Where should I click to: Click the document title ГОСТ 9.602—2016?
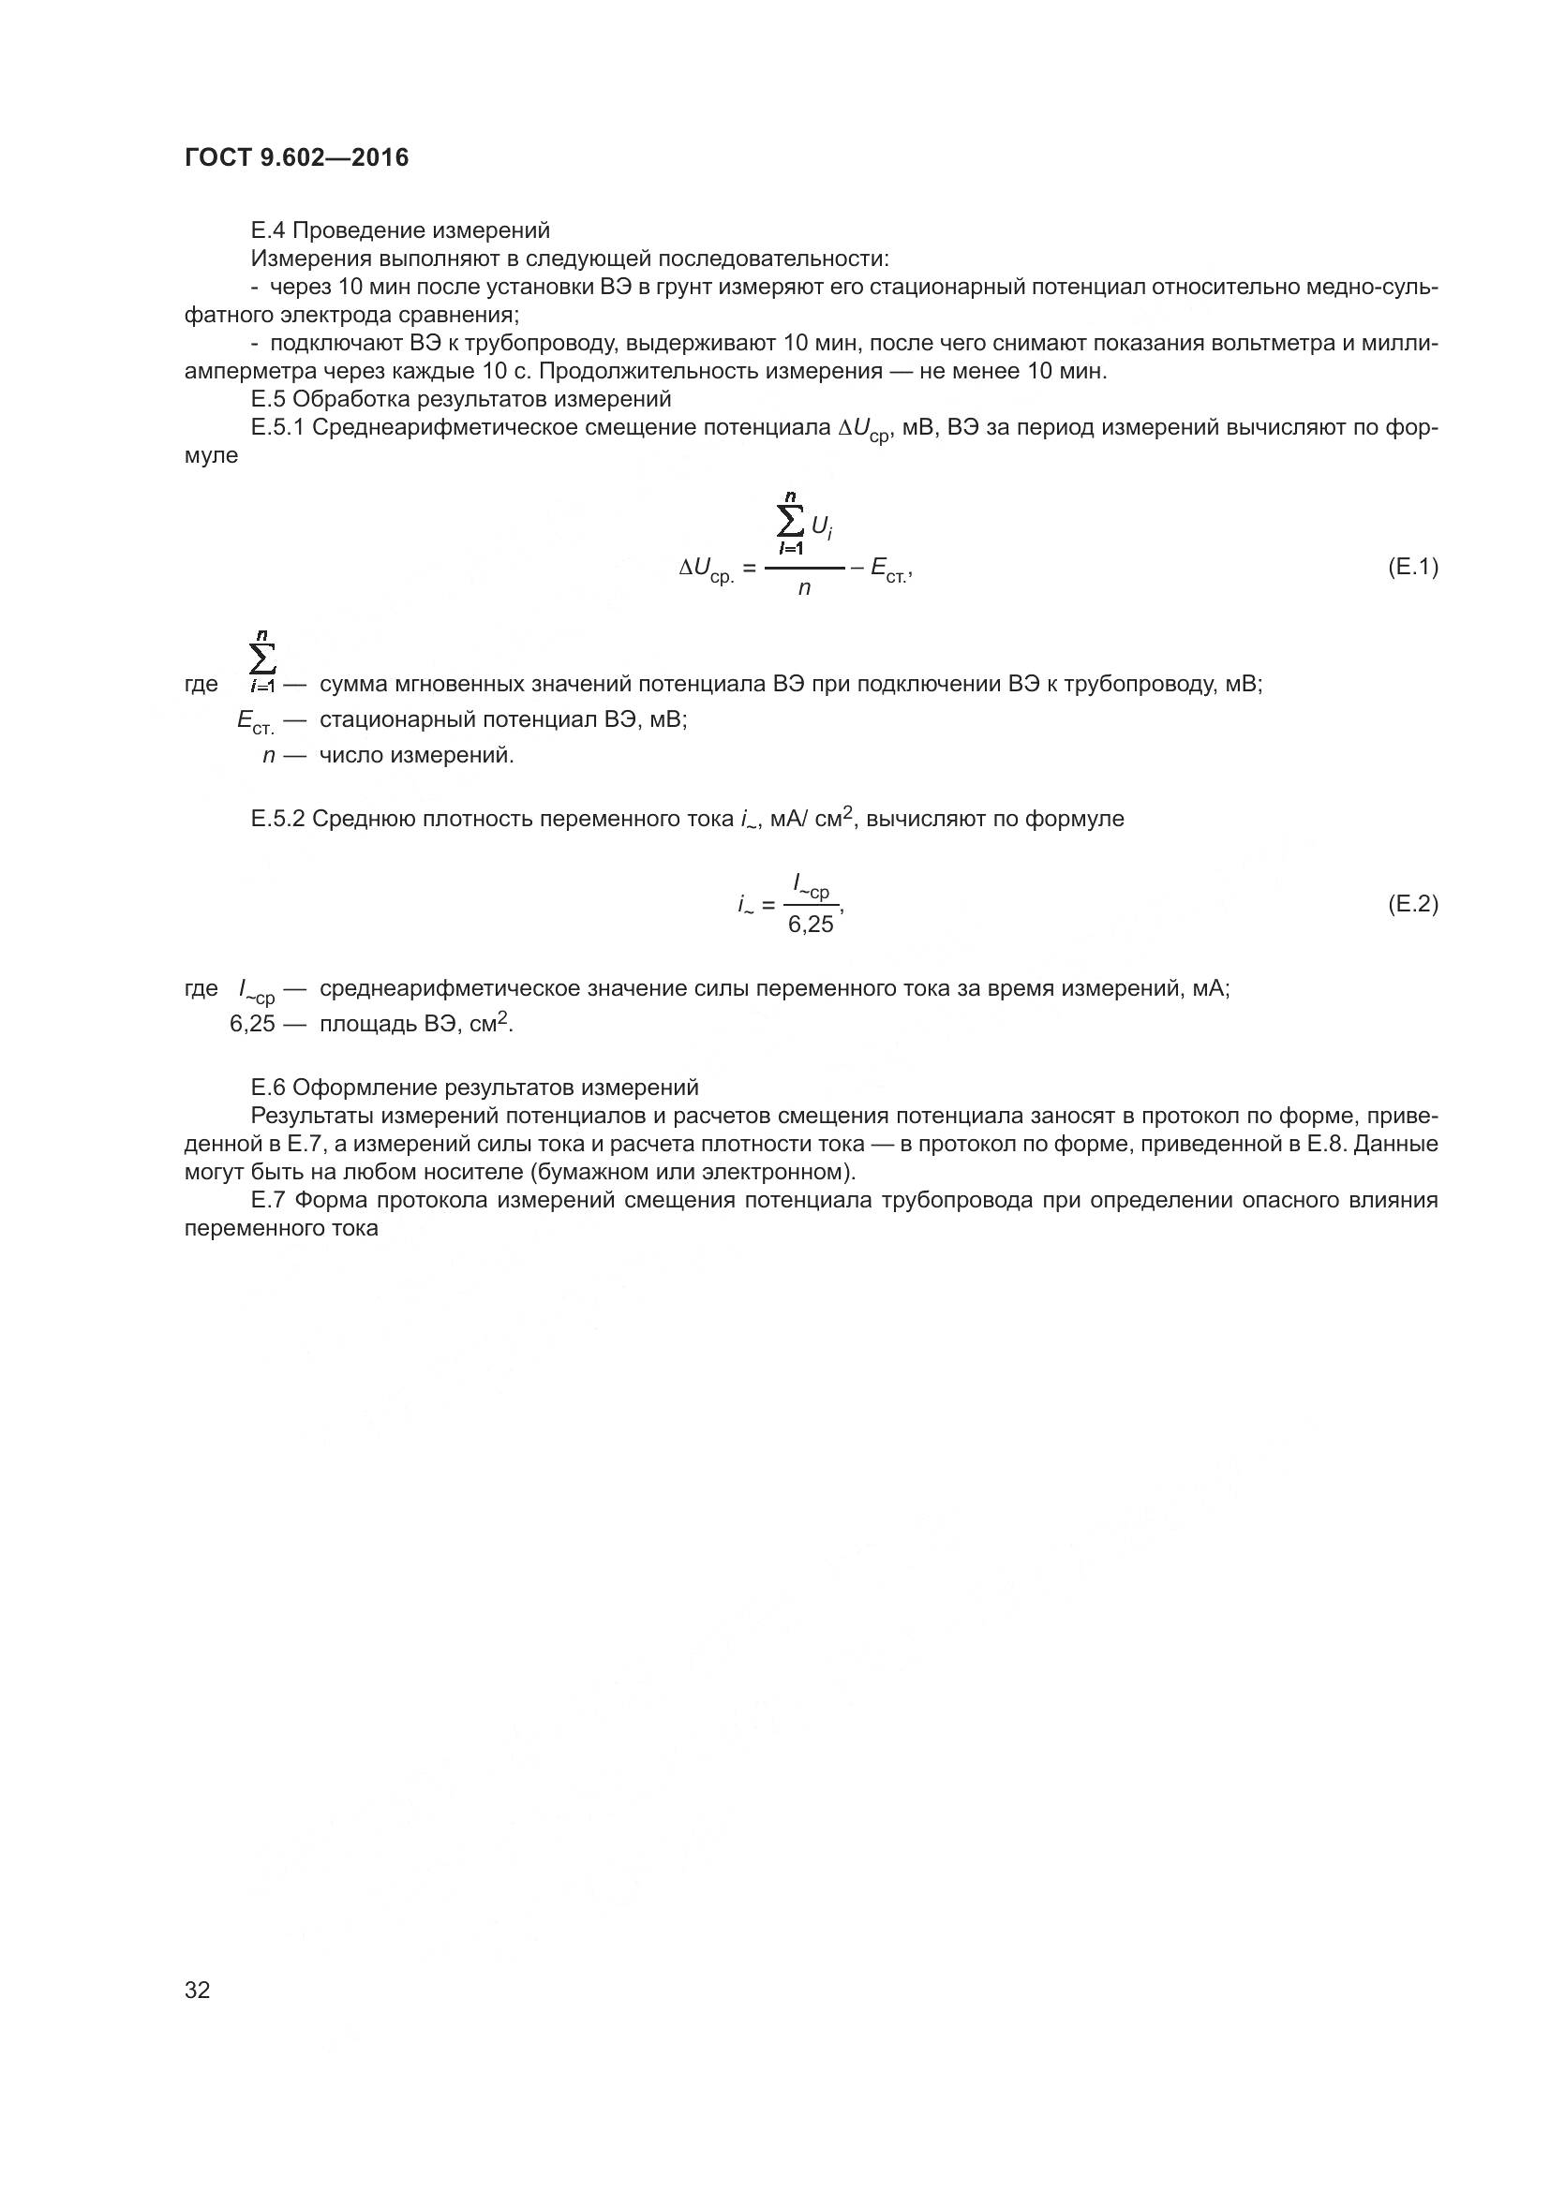pyautogui.click(x=296, y=157)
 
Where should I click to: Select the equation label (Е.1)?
pyautogui.click(x=1411, y=568)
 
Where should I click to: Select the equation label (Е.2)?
pyautogui.click(x=1411, y=904)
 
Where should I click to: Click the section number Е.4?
pyautogui.click(x=268, y=230)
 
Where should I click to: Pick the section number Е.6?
pyautogui.click(x=268, y=1087)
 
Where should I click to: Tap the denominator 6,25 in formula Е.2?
pyautogui.click(x=811, y=925)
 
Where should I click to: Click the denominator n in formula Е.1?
pyautogui.click(x=805, y=589)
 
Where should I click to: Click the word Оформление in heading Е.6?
pyautogui.click(x=351, y=1087)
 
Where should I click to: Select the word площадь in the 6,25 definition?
pyautogui.click(x=364, y=1024)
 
